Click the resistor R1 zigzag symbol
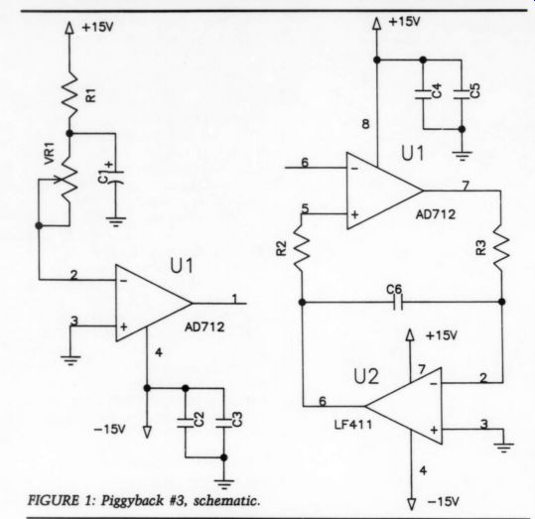69,94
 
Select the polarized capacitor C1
116,177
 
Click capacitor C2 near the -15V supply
186,422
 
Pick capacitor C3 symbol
224,422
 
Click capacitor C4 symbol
423,94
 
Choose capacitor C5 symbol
462,94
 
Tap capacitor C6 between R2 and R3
397,303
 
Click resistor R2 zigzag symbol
302,245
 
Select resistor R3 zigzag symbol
501,246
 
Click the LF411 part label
353,425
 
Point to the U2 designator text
366,377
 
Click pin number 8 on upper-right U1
365,124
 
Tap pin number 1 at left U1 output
234,299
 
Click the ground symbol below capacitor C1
116,222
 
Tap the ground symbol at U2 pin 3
503,447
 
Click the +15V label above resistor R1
97,28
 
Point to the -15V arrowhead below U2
412,504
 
